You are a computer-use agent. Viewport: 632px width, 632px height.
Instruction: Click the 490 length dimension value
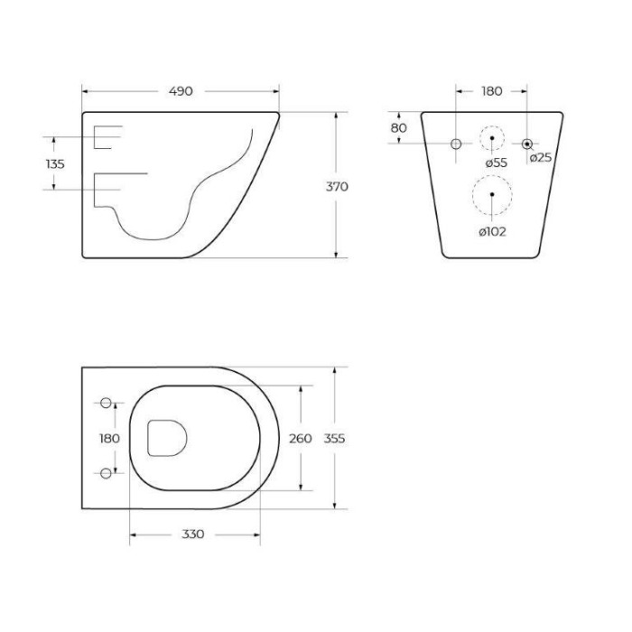point(180,91)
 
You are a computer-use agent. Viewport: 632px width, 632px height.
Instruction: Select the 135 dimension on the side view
point(54,163)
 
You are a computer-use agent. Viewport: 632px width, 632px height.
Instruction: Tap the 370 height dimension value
point(337,187)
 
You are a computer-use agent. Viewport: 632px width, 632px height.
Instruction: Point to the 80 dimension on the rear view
point(398,128)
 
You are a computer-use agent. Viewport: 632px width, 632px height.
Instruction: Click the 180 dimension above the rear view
point(491,91)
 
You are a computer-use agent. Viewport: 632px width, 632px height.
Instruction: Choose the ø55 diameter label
point(496,163)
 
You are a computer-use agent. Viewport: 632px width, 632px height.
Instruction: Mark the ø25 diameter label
point(541,158)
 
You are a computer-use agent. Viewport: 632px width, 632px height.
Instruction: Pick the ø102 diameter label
point(492,231)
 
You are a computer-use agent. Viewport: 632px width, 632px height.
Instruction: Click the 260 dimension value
point(300,438)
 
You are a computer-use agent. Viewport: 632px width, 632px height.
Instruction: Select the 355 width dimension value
point(335,438)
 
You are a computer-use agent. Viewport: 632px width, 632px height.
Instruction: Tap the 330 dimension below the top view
point(193,534)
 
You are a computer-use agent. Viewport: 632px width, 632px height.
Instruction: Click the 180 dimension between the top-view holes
point(108,438)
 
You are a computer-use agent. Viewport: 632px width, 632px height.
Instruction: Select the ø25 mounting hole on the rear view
point(527,144)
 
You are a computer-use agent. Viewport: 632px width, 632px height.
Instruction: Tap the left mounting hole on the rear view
point(456,144)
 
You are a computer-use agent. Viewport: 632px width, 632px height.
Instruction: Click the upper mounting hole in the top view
point(107,403)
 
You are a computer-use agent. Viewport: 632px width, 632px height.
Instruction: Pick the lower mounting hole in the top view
point(107,472)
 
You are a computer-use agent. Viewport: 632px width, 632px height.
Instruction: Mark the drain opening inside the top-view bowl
point(166,438)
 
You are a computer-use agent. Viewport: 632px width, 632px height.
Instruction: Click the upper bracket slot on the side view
point(107,136)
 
